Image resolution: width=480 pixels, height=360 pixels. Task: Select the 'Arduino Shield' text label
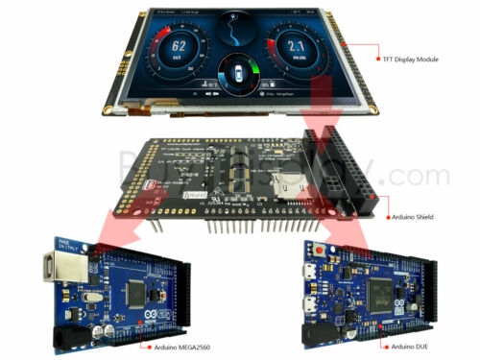410,218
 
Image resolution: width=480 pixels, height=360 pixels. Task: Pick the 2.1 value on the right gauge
297,45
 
